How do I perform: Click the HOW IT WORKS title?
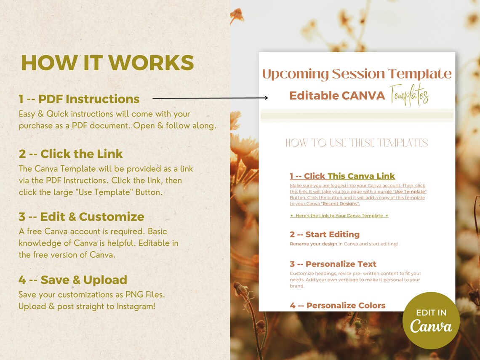107,63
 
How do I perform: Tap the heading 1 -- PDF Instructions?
79,99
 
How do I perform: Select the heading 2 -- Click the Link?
71,154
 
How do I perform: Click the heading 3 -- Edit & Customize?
81,217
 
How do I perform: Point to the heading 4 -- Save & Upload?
73,280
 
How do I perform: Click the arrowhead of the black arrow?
266,98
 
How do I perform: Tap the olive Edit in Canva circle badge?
431,320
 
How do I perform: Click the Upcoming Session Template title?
357,74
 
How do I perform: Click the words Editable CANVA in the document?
337,96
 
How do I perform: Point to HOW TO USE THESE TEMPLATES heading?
357,143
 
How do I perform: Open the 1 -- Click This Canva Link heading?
342,176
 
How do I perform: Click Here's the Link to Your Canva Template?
339,216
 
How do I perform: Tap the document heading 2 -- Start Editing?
324,235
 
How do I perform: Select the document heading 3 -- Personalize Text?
333,264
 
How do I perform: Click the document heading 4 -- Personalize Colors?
337,305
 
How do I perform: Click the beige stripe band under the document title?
357,115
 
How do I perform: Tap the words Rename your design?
313,244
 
